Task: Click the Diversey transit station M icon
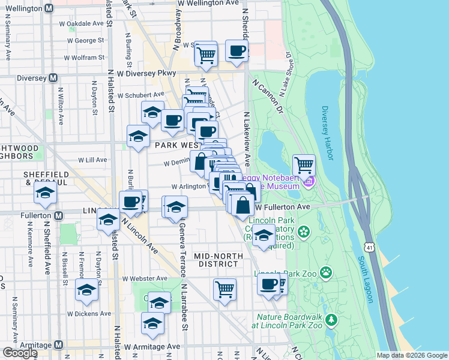click(53, 77)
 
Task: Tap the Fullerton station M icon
click(59, 215)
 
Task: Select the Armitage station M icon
click(59, 345)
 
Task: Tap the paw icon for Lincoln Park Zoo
click(325, 274)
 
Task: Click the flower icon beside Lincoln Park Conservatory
click(304, 231)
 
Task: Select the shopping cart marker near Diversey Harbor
click(304, 164)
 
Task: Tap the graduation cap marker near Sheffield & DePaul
click(45, 193)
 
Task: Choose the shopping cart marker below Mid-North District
click(224, 289)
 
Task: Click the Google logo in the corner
click(20, 353)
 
